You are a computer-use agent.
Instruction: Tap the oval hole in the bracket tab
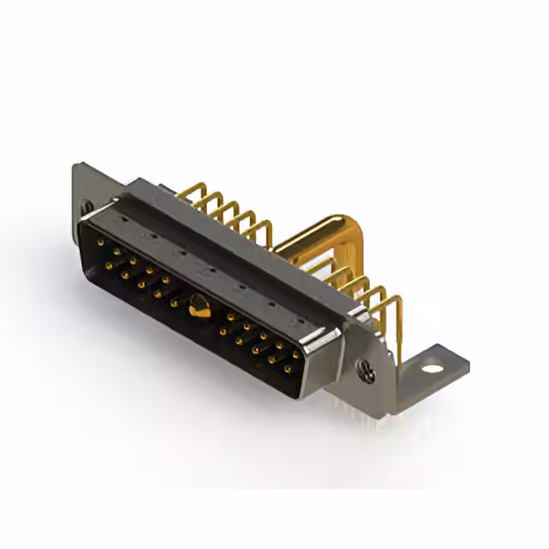pyautogui.click(x=433, y=368)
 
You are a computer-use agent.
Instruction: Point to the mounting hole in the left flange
pyautogui.click(x=87, y=207)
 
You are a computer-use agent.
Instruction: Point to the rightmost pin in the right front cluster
pyautogui.click(x=297, y=353)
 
